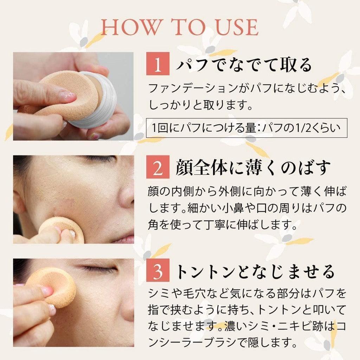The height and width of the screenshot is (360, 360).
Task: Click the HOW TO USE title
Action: (180, 27)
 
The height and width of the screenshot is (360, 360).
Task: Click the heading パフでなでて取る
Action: (244, 65)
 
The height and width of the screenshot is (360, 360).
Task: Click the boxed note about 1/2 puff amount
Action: (246, 127)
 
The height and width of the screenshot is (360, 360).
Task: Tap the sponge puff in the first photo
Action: (67, 93)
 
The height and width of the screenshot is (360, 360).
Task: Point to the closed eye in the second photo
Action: (100, 158)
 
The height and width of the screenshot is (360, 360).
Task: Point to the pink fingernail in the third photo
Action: (46, 291)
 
